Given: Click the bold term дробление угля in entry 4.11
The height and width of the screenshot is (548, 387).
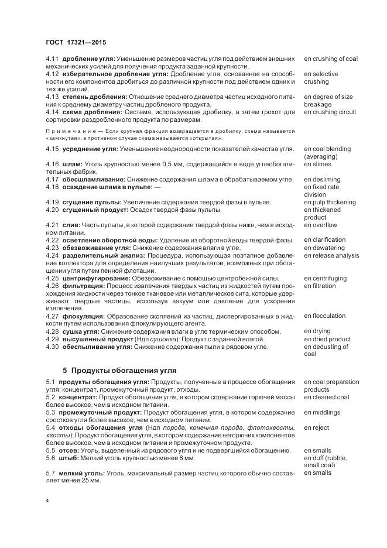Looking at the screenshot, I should click(88, 59).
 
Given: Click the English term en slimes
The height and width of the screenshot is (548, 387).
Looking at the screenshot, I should click(317, 165).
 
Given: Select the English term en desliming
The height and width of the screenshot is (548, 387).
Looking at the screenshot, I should click(322, 180).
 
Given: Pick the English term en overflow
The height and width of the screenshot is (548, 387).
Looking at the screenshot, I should click(320, 225).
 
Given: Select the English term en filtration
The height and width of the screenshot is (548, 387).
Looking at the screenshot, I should click(320, 286).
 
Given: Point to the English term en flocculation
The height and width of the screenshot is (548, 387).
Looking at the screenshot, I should click(324, 316).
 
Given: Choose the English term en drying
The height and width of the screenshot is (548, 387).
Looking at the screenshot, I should click(317, 331).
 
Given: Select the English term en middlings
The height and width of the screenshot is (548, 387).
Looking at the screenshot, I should click(321, 412).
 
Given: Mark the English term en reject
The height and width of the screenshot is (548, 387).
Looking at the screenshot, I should click(316, 427).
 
